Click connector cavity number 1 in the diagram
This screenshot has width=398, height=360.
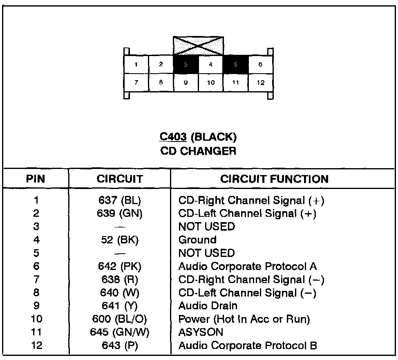(136, 65)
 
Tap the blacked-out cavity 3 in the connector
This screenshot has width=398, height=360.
(186, 65)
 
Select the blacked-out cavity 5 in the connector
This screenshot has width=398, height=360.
(235, 65)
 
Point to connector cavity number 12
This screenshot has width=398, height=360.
(261, 83)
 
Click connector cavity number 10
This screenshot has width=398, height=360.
(211, 83)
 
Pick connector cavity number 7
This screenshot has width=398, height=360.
(136, 83)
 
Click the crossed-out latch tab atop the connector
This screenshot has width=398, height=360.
(198, 46)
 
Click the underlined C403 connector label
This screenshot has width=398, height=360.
(173, 137)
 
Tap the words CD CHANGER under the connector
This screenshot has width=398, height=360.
(198, 151)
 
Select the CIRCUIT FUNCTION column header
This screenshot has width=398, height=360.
(274, 179)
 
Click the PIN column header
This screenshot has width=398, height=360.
(36, 179)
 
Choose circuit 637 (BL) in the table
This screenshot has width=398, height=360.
(120, 200)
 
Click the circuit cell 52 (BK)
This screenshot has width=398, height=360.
(120, 240)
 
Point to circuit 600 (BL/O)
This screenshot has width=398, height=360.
(120, 319)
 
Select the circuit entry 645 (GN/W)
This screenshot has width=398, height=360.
(120, 332)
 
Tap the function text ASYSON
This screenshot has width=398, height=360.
(201, 332)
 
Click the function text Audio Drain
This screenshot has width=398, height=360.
(208, 306)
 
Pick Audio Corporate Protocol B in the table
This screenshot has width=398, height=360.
(248, 346)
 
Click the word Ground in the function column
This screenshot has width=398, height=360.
(197, 240)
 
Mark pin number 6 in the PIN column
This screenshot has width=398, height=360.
(36, 266)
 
